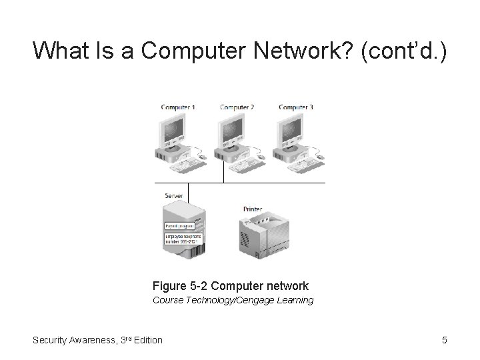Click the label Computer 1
(178, 107)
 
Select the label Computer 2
(237, 107)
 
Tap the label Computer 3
(295, 107)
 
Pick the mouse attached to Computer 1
(202, 157)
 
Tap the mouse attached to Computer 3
(319, 157)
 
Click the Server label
(174, 195)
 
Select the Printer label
(253, 209)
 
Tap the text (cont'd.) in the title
(404, 50)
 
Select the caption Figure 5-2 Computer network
(231, 285)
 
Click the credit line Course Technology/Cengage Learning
(233, 300)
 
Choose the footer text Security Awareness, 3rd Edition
(97, 340)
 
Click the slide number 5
(444, 340)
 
